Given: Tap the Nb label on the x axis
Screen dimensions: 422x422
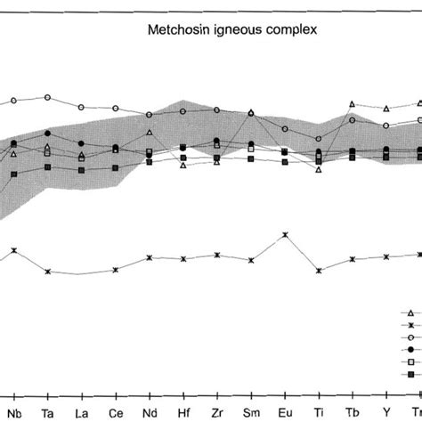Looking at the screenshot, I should pyautogui.click(x=16, y=412).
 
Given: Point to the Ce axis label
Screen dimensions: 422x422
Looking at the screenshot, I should pyautogui.click(x=116, y=412).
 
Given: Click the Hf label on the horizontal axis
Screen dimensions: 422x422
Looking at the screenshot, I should pyautogui.click(x=183, y=412).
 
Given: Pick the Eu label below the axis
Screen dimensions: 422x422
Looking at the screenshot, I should pyautogui.click(x=284, y=412).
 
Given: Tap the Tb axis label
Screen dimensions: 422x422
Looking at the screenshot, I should pyautogui.click(x=353, y=412).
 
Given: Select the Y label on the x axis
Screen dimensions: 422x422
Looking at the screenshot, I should pyautogui.click(x=386, y=412).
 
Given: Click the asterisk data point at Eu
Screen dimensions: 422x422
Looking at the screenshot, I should pyautogui.click(x=285, y=235).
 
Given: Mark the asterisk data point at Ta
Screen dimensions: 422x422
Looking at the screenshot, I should pyautogui.click(x=48, y=272).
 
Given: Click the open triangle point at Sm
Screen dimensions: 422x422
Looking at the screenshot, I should pyautogui.click(x=251, y=113).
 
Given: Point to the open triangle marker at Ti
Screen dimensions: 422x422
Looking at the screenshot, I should pyautogui.click(x=319, y=169).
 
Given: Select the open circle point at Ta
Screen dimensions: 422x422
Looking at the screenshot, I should pyautogui.click(x=48, y=97).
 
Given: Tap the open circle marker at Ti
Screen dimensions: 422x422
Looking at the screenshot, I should pyautogui.click(x=319, y=138).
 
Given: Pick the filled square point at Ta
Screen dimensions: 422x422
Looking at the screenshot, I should pyautogui.click(x=48, y=167).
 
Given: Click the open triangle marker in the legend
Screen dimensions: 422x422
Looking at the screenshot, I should pyautogui.click(x=410, y=312).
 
